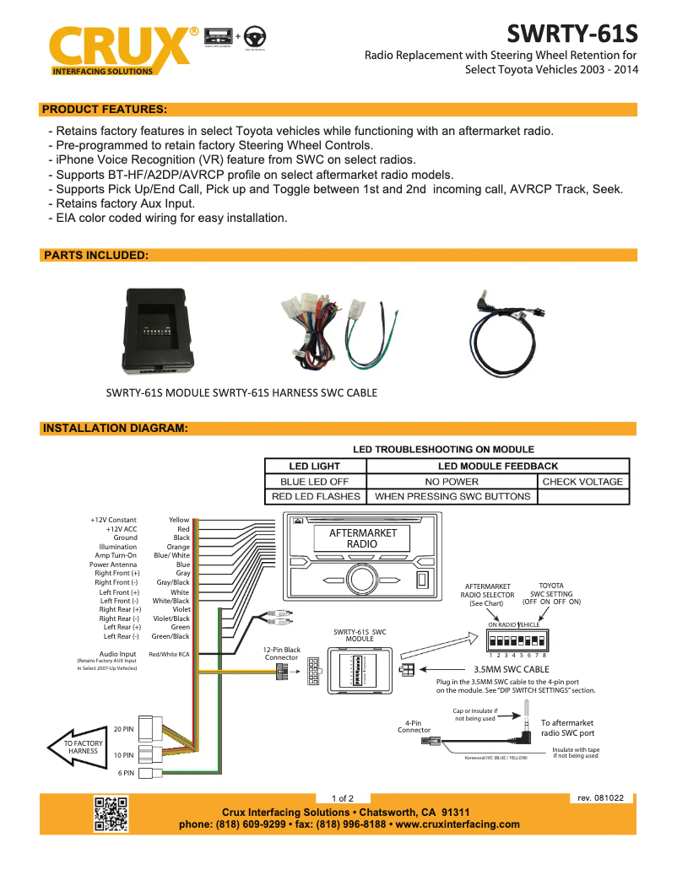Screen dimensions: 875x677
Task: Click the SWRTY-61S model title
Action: [571, 35]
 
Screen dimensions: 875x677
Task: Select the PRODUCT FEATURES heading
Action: [104, 110]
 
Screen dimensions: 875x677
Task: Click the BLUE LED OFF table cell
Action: [314, 482]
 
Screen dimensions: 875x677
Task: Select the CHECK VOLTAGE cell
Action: [582, 482]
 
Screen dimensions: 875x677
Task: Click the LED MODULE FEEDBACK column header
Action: [498, 466]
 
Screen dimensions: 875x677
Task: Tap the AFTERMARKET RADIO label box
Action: [362, 539]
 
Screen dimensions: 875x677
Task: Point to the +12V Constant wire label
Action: [113, 521]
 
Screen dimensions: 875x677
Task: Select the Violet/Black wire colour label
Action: [171, 618]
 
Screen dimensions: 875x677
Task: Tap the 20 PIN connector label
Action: [123, 729]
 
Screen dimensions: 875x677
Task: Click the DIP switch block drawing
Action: [518, 638]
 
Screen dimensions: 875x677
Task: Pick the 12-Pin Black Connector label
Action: [281, 654]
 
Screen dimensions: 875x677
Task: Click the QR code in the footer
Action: [111, 813]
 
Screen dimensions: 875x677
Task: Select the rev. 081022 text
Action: [600, 797]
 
